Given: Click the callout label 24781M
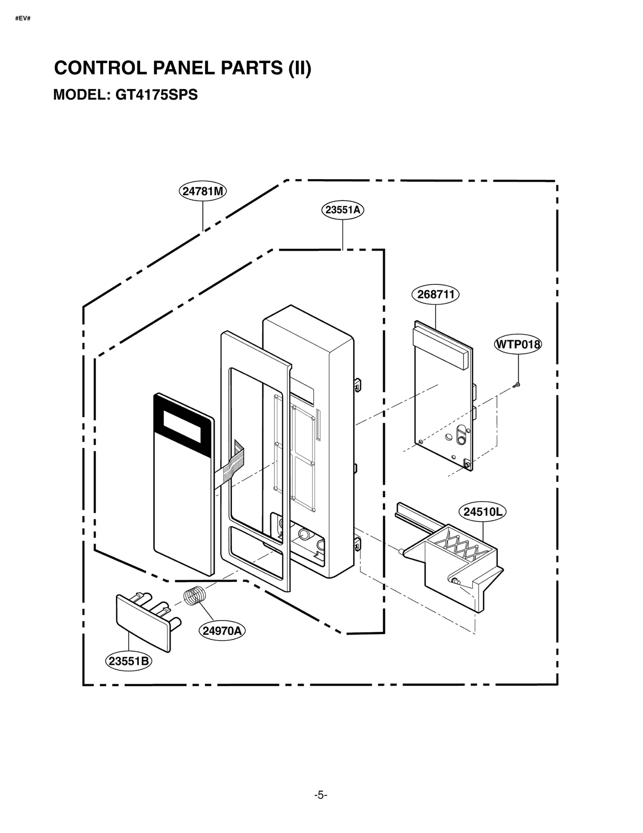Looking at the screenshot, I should click(202, 191).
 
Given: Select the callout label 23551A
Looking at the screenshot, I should click(342, 210).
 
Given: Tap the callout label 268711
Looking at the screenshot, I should click(435, 295).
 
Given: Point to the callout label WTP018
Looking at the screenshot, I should click(518, 344).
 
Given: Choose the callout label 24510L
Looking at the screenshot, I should click(482, 512).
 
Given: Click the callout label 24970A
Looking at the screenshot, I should click(222, 630).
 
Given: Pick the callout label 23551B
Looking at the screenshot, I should click(129, 661).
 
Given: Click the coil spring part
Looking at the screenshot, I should click(195, 596).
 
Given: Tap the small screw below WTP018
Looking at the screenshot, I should click(517, 385).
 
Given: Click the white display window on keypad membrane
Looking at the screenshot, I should click(182, 426).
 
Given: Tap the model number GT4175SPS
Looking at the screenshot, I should click(157, 95).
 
